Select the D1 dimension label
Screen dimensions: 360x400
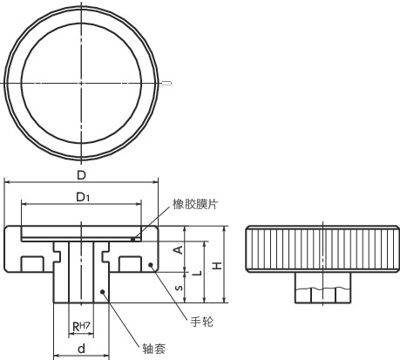[x=81, y=198]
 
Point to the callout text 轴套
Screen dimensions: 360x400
[x=154, y=347]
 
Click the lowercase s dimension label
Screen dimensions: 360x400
[x=179, y=288]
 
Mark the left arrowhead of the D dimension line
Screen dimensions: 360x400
[x=9, y=181]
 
